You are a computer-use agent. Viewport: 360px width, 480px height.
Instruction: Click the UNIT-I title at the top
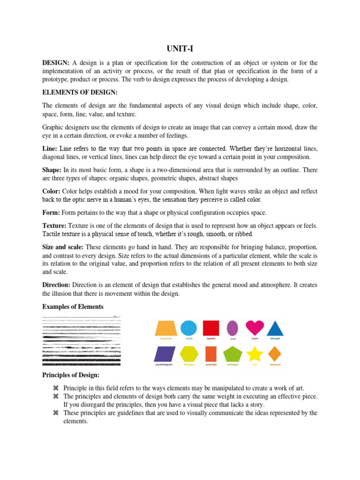pos(180,48)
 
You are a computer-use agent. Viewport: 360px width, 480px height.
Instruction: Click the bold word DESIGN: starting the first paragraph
pos(56,63)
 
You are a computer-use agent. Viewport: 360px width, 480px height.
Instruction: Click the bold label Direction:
pos(56,285)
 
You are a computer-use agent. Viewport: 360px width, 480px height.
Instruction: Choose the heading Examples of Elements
pos(73,307)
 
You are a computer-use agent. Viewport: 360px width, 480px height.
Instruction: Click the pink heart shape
pos(255,328)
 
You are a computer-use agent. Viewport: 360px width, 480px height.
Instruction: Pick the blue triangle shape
pos(275,328)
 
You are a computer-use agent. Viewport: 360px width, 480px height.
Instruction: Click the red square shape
pos(210,328)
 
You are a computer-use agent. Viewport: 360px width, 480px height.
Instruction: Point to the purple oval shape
pos(232,328)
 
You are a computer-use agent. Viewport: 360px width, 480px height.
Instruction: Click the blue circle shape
pos(188,328)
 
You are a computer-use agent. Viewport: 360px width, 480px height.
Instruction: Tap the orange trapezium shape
pos(166,328)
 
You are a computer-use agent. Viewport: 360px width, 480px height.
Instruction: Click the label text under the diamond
pos(275,364)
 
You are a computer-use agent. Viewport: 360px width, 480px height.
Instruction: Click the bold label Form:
pos(51,213)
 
